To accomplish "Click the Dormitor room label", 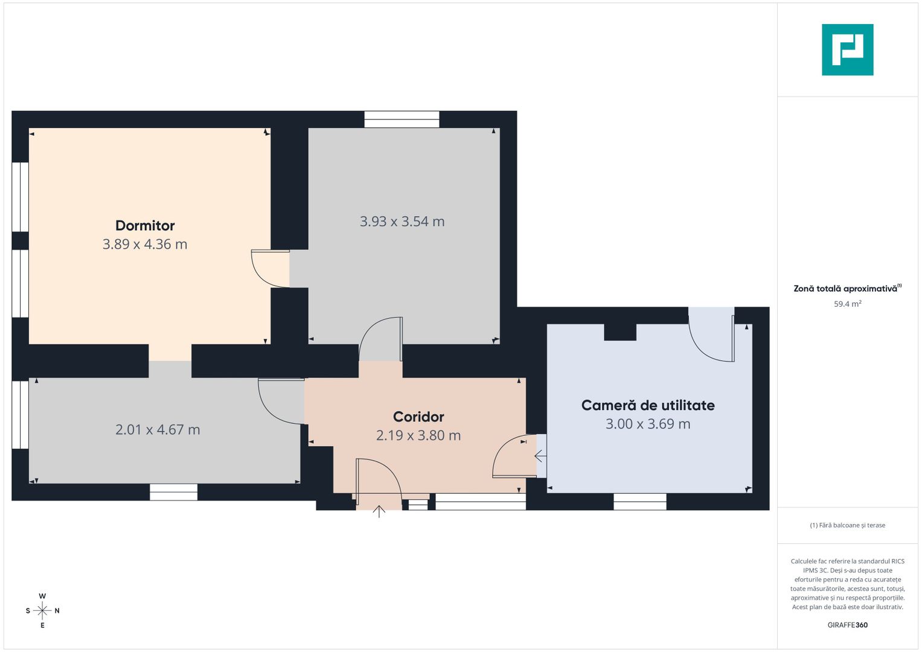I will point(145,226).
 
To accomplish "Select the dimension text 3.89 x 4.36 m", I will point(145,245).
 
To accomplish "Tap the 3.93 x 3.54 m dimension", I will point(402,222).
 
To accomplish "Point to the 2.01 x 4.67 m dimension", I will point(158,430).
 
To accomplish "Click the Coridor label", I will point(418,417).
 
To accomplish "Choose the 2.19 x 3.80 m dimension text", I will point(418,435).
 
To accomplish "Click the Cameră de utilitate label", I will point(648,405).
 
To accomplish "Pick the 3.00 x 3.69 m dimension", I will point(648,424).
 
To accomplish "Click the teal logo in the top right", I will point(847,50).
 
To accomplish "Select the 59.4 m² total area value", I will point(847,304).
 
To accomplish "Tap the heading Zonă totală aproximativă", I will point(845,289).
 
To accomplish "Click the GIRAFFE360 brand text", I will point(847,625).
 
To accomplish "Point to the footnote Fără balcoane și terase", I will point(847,525).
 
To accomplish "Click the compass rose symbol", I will point(42,611).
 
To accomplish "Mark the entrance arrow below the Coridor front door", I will point(379,511).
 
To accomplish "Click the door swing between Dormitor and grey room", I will point(269,269).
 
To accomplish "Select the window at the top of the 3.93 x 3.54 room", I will point(402,119).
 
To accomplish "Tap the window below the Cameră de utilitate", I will point(640,502).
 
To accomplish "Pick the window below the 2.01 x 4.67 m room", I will point(173,492).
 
